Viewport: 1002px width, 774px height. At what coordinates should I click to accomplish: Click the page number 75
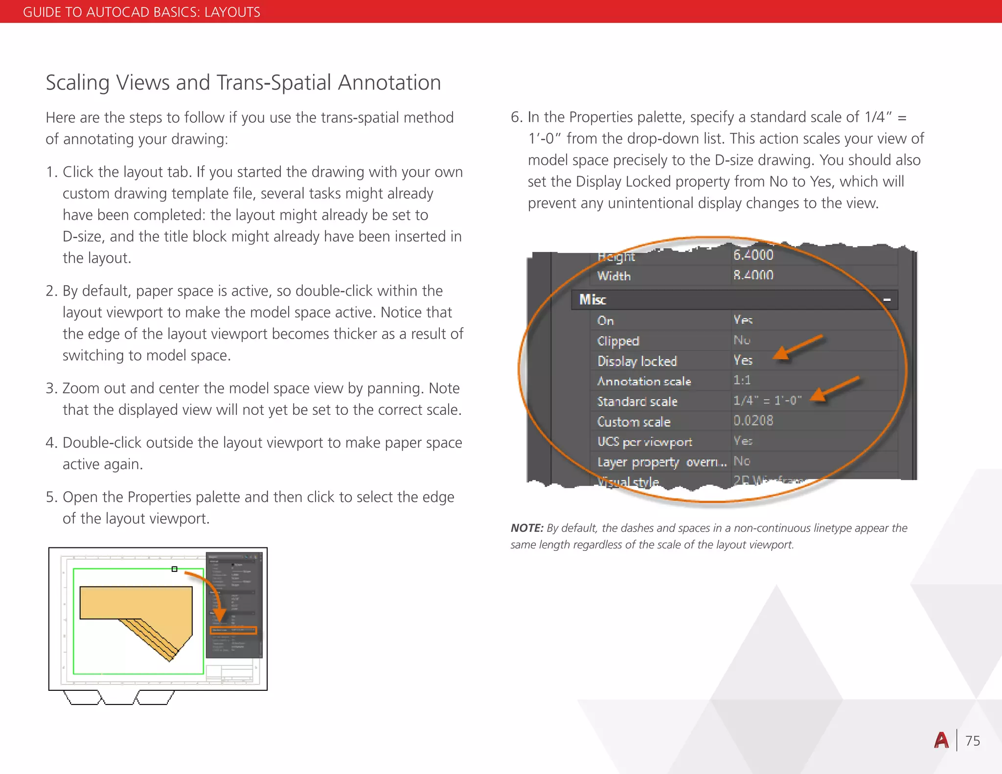pos(973,741)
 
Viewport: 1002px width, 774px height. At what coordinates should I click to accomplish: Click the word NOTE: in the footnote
pos(526,528)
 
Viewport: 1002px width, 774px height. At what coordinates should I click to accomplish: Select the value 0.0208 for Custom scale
pos(753,421)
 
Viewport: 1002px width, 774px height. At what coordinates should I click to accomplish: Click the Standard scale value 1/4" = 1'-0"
pos(767,401)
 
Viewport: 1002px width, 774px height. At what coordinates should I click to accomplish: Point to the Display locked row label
pos(637,361)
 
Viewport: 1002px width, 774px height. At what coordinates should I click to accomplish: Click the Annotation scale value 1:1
pos(742,380)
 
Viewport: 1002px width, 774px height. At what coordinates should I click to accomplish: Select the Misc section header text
pos(592,299)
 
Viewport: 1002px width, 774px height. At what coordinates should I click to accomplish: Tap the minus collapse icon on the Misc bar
pos(887,299)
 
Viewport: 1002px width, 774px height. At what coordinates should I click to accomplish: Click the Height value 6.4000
pos(753,255)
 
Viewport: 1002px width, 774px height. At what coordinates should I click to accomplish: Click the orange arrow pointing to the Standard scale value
pos(835,388)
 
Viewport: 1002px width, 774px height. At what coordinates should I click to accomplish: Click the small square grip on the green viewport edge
pos(174,569)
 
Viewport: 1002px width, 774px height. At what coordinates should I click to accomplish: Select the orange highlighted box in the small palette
pos(233,630)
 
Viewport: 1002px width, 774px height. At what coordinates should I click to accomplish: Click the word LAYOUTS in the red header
pos(232,12)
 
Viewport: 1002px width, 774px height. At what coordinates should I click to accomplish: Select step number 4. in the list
pos(51,443)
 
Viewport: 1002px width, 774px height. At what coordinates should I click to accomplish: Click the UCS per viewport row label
pos(644,442)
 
